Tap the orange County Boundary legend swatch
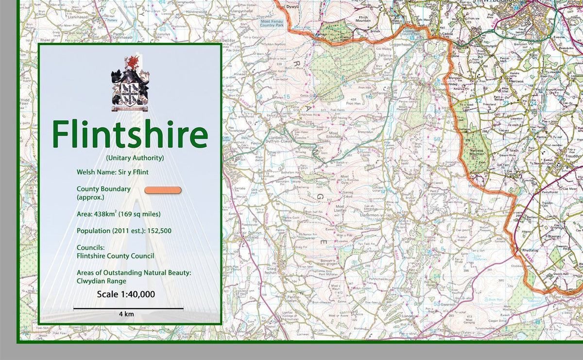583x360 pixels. click(163, 190)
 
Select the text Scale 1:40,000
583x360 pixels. click(126, 294)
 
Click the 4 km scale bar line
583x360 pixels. click(128, 308)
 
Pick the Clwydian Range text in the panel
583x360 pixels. click(101, 281)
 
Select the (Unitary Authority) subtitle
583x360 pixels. click(135, 158)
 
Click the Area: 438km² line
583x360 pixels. click(119, 214)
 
